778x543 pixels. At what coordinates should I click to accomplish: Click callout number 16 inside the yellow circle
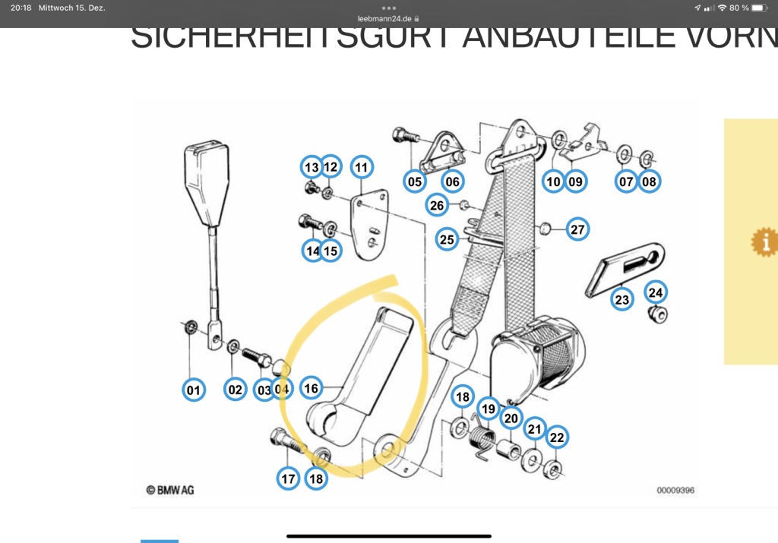tap(311, 388)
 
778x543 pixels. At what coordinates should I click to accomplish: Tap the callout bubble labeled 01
tap(194, 390)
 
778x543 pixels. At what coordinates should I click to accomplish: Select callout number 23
tap(622, 300)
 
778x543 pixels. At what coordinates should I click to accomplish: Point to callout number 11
tap(361, 167)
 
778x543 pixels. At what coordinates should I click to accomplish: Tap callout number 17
tap(288, 479)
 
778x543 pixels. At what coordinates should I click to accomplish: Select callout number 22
tap(557, 437)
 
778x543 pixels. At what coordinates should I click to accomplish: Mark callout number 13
tap(312, 167)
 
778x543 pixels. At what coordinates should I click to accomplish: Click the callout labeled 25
tap(447, 240)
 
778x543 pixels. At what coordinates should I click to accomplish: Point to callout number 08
tap(649, 182)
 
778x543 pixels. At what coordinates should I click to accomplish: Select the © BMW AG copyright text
tap(170, 490)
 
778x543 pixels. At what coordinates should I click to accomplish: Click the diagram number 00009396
tap(675, 491)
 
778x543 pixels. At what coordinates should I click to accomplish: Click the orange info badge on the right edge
tap(764, 242)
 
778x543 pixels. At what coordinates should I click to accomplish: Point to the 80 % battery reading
tap(738, 8)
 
